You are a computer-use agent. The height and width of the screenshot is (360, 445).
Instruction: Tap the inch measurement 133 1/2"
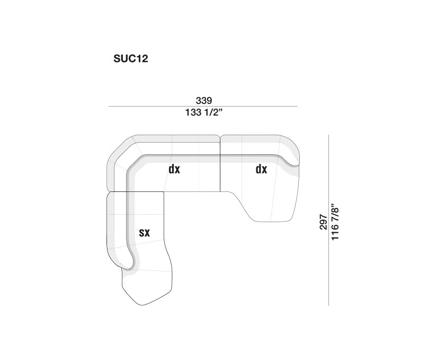[204, 113]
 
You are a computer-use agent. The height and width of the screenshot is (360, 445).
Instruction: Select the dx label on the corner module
[174, 170]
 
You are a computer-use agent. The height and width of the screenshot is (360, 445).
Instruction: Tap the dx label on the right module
[261, 170]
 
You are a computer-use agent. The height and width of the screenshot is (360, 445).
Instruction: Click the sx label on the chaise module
[144, 232]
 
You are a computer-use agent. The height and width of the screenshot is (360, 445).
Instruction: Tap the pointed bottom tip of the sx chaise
[142, 305]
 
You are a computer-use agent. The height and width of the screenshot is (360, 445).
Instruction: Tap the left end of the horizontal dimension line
[109, 107]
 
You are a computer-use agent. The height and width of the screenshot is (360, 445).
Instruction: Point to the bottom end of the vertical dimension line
[329, 304]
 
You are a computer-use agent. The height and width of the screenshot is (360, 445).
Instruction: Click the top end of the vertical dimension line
[329, 135]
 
